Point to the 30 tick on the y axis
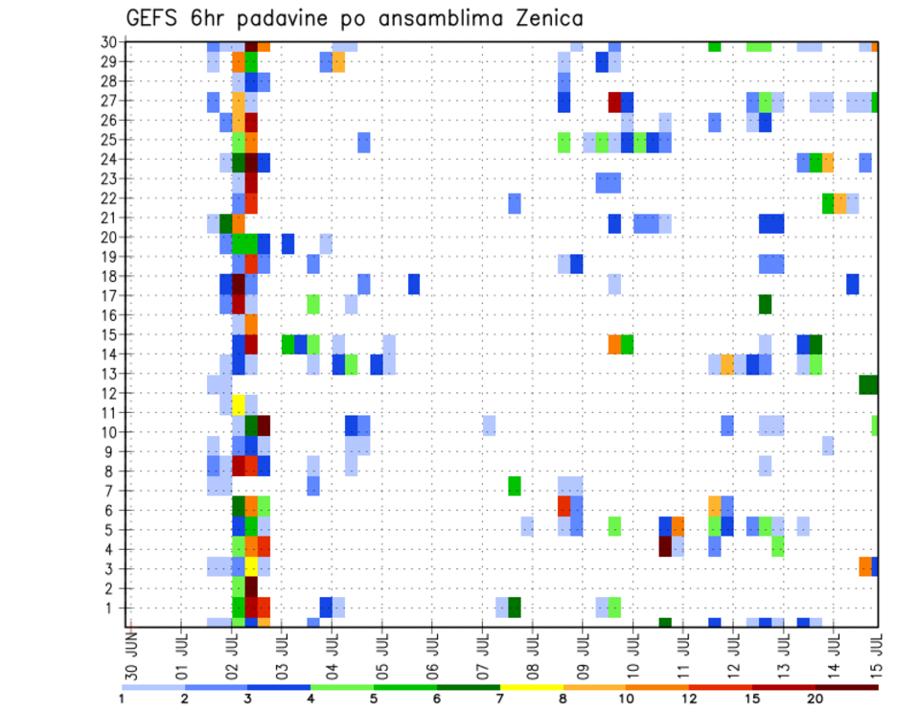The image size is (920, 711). [x=110, y=42]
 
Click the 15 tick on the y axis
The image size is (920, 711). [x=110, y=334]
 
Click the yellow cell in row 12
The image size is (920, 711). [x=239, y=403]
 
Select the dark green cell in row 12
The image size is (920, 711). [x=868, y=384]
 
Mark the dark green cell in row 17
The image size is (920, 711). [x=765, y=304]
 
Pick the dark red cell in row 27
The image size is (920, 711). [x=614, y=102]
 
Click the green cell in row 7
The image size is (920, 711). [x=514, y=486]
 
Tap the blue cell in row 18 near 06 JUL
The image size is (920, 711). [x=414, y=285]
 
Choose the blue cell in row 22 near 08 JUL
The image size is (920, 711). [x=515, y=203]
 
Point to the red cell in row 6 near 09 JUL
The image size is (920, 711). [x=564, y=505]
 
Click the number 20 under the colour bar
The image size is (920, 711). [x=816, y=699]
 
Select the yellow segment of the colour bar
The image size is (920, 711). [x=532, y=687]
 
